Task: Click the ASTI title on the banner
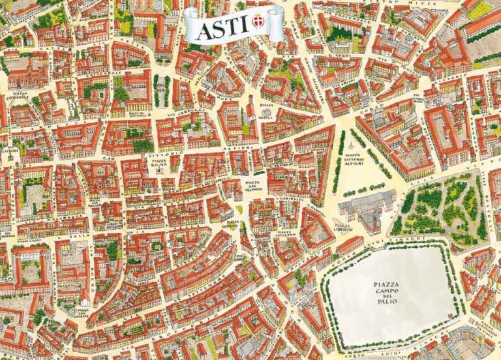point(219,28)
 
